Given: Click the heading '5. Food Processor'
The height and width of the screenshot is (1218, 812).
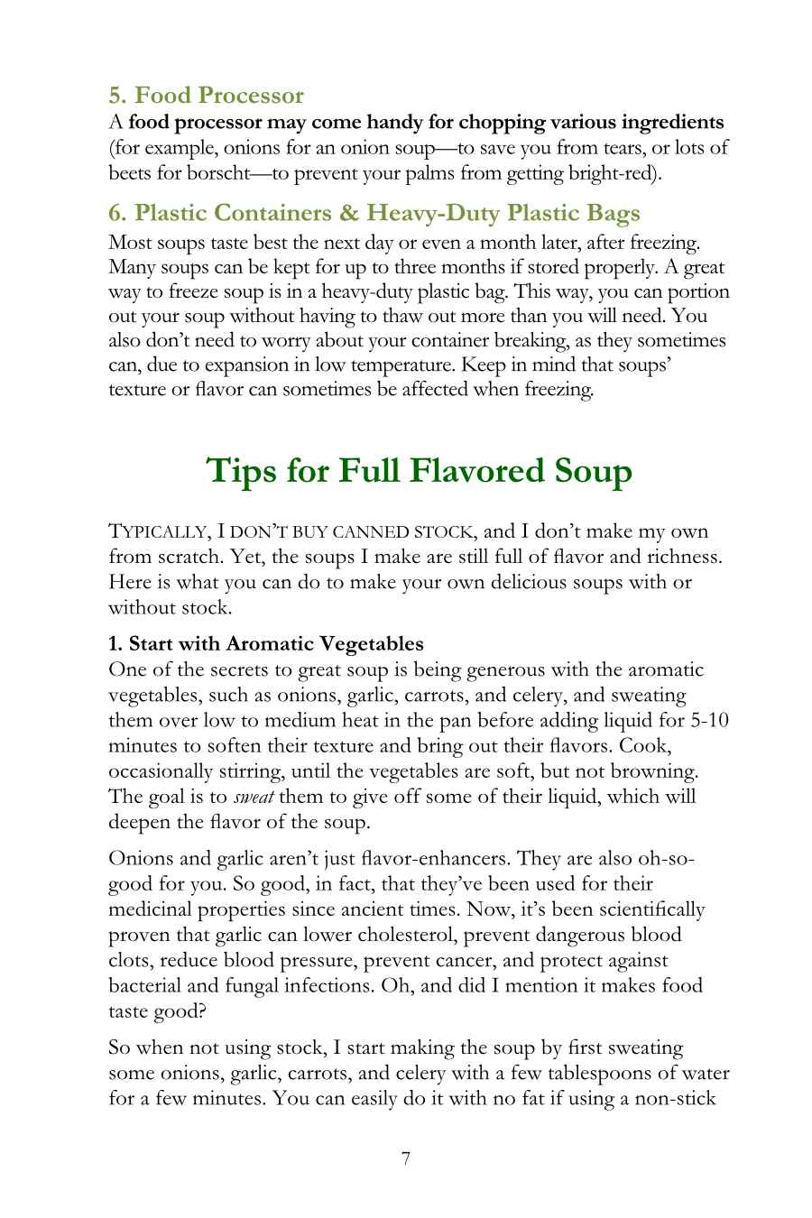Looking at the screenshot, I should (x=206, y=95).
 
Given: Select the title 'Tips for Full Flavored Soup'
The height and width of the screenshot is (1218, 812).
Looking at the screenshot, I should (x=420, y=471).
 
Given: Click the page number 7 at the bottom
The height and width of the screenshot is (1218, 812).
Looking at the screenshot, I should (x=406, y=1158).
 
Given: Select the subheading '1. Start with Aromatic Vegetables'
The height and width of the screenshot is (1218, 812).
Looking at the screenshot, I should (x=265, y=644).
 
